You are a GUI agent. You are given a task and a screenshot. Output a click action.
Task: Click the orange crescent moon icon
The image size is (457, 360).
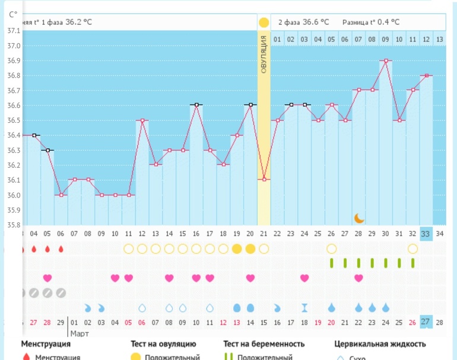coord(359,218)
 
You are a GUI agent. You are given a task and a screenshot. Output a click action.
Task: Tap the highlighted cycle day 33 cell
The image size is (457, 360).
coord(426,234)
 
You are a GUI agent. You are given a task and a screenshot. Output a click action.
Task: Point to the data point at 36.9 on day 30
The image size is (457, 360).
coord(386,60)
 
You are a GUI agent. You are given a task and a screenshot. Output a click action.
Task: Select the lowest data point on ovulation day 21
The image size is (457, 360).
coord(264,179)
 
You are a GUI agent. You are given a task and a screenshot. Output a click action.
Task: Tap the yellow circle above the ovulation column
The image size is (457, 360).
coord(264,23)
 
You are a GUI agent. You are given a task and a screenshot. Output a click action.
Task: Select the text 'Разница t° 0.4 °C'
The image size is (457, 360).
coord(370,22)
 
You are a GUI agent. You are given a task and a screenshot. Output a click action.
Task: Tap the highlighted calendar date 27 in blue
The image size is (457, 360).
coord(426,322)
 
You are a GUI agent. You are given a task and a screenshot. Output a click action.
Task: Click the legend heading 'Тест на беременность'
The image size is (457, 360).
coord(264,344)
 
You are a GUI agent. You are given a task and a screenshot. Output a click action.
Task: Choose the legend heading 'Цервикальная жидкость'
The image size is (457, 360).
coord(380,344)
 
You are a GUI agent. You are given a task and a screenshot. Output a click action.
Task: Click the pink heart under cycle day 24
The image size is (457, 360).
coord(304,278)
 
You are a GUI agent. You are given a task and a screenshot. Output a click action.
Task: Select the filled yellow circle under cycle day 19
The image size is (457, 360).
coord(237,249)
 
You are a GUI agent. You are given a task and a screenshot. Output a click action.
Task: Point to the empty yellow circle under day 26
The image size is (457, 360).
coord(331,249)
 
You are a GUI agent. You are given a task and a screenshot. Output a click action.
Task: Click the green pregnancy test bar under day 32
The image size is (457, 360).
coord(412,263)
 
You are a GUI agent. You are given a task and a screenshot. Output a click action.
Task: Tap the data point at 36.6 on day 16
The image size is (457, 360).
coord(196,105)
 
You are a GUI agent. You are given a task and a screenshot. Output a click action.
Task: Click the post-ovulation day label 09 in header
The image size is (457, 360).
coord(386,39)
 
